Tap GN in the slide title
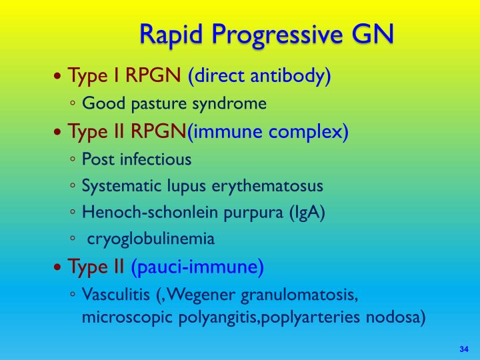point(370,33)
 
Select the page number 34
point(465,349)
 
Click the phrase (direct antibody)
point(259,76)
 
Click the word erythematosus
point(265,185)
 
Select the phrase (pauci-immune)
point(197,267)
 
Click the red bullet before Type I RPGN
point(59,77)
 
